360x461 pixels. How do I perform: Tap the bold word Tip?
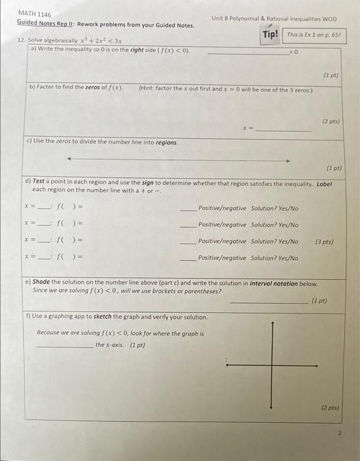pyautogui.click(x=270, y=34)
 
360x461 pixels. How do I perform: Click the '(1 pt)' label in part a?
pyautogui.click(x=330, y=76)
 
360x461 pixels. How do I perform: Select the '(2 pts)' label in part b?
pyautogui.click(x=330, y=122)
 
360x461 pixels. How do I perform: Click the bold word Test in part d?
pyautogui.click(x=39, y=182)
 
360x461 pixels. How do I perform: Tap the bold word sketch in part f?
pyautogui.click(x=103, y=317)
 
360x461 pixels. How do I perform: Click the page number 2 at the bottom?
pyautogui.click(x=339, y=433)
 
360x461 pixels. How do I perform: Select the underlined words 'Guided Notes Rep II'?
pyautogui.click(x=45, y=24)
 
